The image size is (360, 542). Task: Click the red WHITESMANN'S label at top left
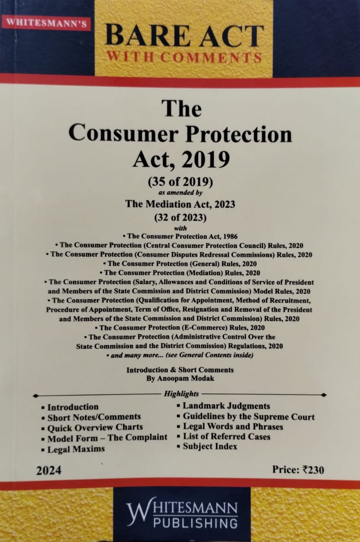tap(46, 23)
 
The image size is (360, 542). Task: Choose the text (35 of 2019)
tap(180, 183)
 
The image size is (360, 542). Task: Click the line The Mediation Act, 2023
tap(180, 204)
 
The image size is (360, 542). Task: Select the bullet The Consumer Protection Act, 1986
tap(180, 236)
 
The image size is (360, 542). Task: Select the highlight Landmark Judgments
tap(226, 406)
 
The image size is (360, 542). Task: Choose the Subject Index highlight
tap(210, 446)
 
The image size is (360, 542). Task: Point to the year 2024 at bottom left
tap(48, 470)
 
